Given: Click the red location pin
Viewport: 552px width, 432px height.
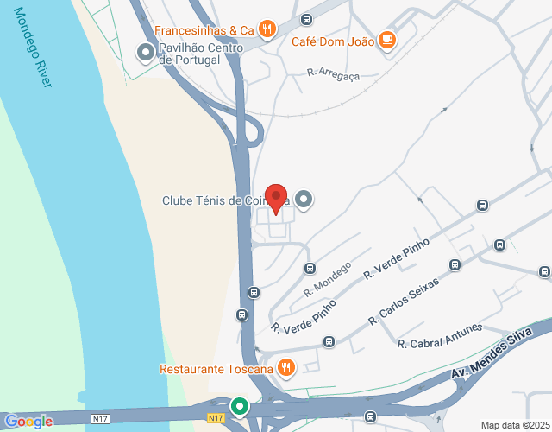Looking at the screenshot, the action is (275, 198).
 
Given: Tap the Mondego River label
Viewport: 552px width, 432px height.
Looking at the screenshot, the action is (35, 53).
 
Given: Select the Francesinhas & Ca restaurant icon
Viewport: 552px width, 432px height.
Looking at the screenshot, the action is (267, 29).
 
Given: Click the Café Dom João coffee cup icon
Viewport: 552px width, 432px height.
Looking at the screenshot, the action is (386, 40).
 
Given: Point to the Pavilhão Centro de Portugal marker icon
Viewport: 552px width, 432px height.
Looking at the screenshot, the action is (146, 54).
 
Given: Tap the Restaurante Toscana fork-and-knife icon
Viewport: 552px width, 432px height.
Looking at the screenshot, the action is (286, 369).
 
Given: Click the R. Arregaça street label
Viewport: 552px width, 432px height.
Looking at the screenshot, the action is (333, 74).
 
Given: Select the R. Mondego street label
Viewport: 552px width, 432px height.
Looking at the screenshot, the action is (327, 281).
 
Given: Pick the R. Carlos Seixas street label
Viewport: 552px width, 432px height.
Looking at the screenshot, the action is (403, 302).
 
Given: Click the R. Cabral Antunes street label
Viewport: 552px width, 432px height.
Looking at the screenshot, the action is (440, 336).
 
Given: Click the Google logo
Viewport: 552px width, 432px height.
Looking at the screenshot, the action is (28, 422).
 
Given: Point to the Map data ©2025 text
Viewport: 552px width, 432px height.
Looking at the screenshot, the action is (515, 424).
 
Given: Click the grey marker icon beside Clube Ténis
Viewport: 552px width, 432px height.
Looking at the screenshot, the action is (304, 200).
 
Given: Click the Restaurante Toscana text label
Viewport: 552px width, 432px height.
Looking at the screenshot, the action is (216, 369).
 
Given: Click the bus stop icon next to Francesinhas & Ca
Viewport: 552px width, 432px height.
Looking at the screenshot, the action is (306, 19).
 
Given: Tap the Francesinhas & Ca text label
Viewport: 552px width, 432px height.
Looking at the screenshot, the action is (204, 30).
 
